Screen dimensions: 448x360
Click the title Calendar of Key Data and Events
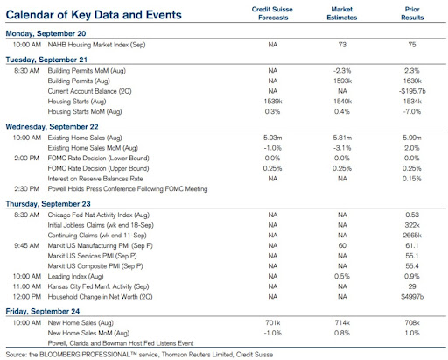94,15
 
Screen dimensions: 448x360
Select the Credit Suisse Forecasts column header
272,13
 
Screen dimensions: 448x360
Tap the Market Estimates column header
342,13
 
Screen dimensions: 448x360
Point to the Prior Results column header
412,13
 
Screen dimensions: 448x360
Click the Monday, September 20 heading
45,33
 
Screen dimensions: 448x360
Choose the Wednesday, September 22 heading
52,127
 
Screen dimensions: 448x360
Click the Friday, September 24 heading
43,312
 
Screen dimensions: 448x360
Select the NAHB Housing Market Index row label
96,45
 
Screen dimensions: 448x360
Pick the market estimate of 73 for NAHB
342,45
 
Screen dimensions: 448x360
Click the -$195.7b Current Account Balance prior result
412,91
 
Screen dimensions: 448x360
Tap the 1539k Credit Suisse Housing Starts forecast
273,102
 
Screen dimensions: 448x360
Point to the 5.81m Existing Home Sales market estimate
342,138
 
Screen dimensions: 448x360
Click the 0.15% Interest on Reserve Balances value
412,179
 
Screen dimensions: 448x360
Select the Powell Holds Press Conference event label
128,189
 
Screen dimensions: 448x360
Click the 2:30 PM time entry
26,189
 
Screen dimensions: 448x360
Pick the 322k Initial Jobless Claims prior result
412,225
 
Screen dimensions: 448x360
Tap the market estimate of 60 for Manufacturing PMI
342,245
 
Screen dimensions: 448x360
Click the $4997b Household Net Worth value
412,297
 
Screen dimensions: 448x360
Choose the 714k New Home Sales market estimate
342,323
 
